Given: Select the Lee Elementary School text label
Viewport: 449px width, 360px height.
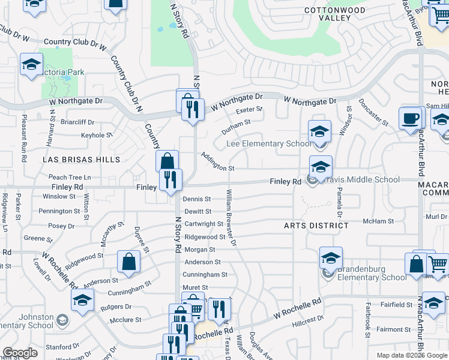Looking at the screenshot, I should pos(268,144).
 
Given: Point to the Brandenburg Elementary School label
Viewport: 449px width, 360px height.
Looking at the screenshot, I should pos(372,273).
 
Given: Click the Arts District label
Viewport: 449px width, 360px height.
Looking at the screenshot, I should pos(316,226).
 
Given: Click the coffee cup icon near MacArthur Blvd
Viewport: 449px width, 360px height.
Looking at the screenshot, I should pos(411,118).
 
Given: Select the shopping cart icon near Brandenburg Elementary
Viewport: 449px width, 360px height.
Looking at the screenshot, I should pos(438,263).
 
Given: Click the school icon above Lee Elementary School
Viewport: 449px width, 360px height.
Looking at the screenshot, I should pos(320,130).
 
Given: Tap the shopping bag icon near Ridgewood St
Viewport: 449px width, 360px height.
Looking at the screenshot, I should pos(129,261).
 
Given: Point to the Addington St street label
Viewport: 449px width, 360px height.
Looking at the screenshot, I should pos(217,161).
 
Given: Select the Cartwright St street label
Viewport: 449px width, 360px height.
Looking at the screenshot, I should pos(203,224).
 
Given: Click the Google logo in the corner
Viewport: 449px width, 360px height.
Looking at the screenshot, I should pos(20,353).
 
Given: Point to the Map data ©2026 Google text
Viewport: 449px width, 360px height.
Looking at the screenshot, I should pos(411,355).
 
